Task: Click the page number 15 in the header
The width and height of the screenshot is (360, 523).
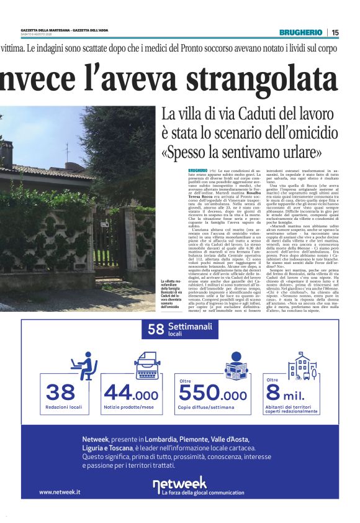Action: point(335,32)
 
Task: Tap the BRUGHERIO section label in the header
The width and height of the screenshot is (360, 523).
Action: point(300,32)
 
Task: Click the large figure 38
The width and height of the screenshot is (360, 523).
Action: point(60,393)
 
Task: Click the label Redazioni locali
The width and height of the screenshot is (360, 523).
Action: point(63,407)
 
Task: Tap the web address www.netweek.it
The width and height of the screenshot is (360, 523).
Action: point(60,492)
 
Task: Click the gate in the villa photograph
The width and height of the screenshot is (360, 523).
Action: point(109,237)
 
